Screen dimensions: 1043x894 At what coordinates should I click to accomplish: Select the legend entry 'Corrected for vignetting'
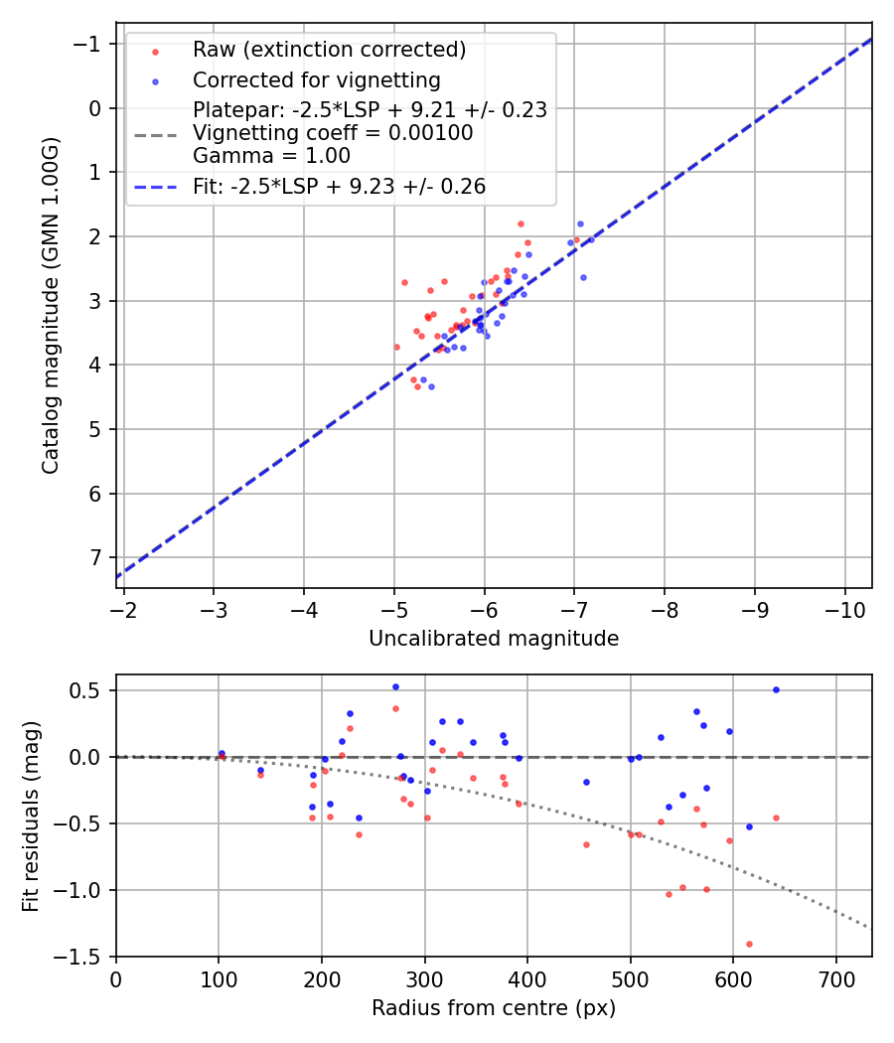(316, 79)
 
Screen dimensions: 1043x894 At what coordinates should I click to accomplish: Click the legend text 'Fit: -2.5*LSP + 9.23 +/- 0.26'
(339, 186)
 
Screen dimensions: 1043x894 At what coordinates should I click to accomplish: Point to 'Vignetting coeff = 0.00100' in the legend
(333, 133)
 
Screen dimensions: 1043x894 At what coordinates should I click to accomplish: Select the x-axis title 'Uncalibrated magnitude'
(494, 639)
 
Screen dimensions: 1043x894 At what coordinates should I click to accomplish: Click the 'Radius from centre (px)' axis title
(494, 1008)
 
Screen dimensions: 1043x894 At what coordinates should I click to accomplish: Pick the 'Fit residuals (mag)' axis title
(30, 816)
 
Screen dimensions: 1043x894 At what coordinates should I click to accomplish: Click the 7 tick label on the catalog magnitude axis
(94, 557)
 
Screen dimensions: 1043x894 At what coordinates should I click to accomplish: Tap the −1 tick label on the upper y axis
(87, 44)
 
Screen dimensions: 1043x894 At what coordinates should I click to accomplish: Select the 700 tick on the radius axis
(835, 978)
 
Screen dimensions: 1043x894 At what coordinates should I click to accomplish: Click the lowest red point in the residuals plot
(749, 944)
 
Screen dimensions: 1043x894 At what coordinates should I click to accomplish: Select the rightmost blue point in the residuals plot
(776, 689)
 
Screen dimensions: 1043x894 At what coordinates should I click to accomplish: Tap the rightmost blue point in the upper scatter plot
(590, 240)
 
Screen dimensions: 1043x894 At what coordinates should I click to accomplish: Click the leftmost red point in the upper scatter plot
(396, 347)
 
